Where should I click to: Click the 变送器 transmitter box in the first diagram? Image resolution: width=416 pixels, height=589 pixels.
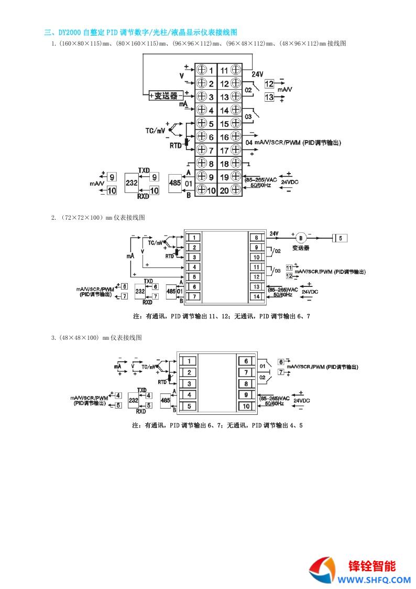click(166, 96)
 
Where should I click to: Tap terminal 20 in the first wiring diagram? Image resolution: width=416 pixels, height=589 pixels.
click(230, 190)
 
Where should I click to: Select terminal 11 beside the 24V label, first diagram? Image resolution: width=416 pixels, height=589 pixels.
click(230, 70)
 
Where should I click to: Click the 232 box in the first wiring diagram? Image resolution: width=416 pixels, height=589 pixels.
click(132, 183)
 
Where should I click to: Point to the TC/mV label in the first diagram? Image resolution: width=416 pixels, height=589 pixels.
click(155, 129)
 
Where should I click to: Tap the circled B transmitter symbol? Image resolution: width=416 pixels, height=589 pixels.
click(301, 237)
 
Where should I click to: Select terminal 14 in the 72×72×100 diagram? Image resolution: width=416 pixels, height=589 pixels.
click(257, 296)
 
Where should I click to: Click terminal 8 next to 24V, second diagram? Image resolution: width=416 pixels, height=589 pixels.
click(257, 237)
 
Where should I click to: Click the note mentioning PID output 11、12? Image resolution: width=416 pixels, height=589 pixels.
click(222, 316)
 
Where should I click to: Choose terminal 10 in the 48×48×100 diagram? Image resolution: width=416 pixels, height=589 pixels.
click(246, 406)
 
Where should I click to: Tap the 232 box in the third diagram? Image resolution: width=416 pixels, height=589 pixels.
click(134, 400)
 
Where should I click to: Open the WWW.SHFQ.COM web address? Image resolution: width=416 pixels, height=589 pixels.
click(373, 580)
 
